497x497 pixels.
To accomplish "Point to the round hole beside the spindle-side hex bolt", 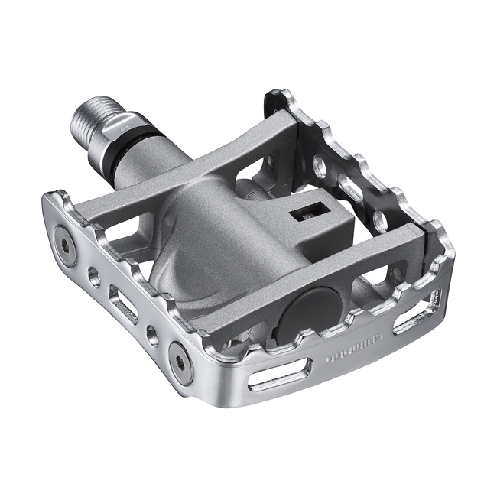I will (x=94, y=276).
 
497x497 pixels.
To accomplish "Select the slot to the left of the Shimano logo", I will (x=280, y=376).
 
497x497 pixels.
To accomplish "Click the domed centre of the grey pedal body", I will (x=222, y=229).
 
